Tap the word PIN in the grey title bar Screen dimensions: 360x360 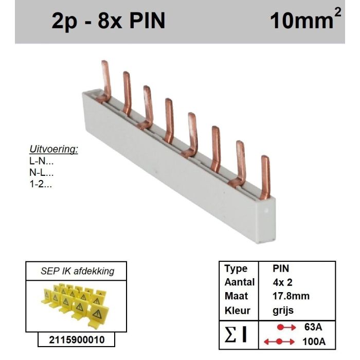(148, 21)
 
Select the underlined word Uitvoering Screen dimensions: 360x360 (53, 150)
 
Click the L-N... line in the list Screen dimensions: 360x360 (41, 161)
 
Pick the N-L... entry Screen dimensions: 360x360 (41, 173)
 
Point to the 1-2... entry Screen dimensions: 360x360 (41, 184)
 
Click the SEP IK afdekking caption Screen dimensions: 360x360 (77, 271)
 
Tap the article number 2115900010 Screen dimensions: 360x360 (77, 340)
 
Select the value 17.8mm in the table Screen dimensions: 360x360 (291, 296)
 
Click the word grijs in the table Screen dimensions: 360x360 (283, 311)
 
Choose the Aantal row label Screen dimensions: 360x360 (240, 282)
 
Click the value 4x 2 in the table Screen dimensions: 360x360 (282, 282)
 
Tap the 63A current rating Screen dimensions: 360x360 (313, 327)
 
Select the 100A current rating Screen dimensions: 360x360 (314, 342)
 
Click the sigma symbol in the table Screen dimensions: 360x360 (230, 334)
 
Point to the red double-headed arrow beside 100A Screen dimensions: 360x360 (279, 341)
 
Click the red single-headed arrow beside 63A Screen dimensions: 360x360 (286, 327)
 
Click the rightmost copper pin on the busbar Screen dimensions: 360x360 (265, 177)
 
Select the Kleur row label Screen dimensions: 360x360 (238, 311)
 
